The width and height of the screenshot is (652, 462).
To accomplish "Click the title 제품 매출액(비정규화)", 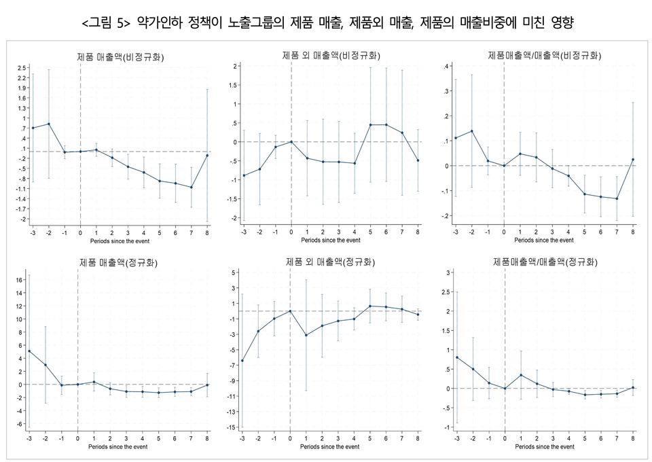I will (120, 57).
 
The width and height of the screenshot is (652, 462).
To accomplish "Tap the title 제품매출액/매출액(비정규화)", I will (544, 54).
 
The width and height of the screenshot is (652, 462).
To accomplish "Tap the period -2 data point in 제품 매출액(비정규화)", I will (48, 124).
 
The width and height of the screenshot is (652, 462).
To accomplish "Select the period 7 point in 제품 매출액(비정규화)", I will (192, 188).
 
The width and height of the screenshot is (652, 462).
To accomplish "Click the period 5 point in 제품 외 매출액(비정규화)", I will (371, 124).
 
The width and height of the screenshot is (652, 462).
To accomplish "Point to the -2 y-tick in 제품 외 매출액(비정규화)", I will (233, 218).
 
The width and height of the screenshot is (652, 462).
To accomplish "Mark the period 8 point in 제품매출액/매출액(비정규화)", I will (633, 160).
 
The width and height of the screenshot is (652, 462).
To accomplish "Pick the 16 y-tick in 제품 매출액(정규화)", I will (20, 279).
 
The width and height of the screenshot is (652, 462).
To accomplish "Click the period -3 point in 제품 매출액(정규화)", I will (29, 351).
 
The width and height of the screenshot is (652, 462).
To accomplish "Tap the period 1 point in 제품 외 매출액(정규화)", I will (306, 335).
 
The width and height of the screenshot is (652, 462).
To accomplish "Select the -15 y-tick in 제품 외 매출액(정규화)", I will (232, 427).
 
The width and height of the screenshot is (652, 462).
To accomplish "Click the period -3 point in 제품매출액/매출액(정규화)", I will (456, 357).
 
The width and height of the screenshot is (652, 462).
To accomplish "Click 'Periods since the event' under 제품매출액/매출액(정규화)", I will (544, 447).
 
